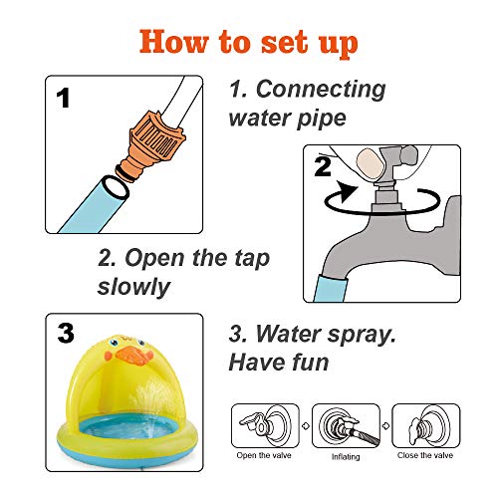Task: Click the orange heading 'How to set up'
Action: (249, 43)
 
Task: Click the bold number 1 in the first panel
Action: (63, 98)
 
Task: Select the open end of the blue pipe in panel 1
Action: (115, 187)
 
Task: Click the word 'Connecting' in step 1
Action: (321, 90)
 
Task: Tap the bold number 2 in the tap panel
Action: (323, 166)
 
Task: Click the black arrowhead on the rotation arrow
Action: (347, 190)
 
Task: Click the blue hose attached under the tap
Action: (331, 288)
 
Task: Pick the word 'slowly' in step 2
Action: (134, 287)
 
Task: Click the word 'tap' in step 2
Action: (252, 259)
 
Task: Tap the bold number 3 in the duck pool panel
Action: (66, 334)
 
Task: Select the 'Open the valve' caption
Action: (264, 455)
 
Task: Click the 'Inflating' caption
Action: (346, 457)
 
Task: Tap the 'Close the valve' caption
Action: (425, 455)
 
